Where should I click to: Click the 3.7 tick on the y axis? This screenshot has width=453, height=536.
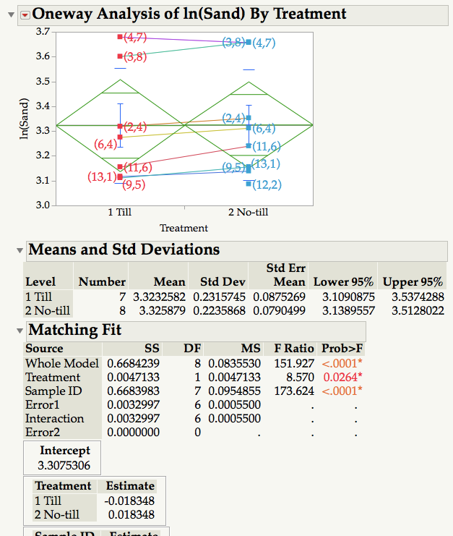click(43, 32)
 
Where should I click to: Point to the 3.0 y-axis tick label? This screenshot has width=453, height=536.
click(43, 205)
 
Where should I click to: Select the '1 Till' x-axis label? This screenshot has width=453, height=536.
click(119, 213)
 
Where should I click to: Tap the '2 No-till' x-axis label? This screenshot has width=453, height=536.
click(248, 213)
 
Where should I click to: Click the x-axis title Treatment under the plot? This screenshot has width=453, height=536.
click(184, 228)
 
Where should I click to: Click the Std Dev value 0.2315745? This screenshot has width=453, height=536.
click(213, 297)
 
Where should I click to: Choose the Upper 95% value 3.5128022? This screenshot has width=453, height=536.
click(413, 310)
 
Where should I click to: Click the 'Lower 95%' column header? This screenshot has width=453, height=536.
click(343, 282)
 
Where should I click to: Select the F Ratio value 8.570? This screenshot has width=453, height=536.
click(293, 377)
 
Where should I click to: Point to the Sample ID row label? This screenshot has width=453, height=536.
click(53, 391)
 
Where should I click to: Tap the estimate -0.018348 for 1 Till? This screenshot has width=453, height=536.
click(130, 501)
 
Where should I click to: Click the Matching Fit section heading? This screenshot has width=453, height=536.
click(74, 331)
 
